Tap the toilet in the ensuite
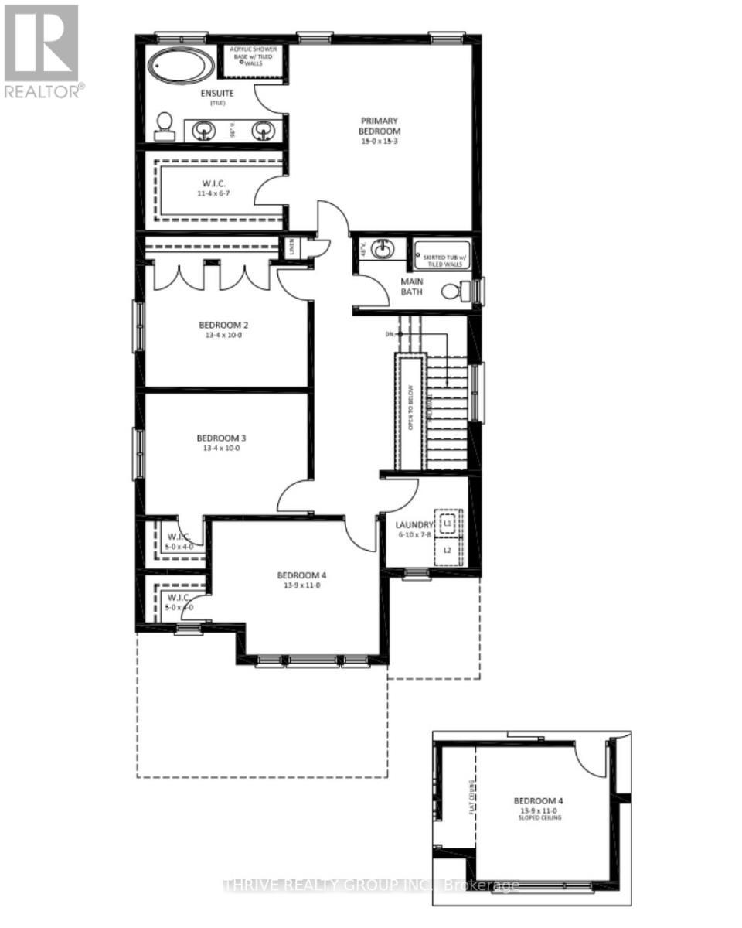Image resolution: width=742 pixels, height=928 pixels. (164, 127)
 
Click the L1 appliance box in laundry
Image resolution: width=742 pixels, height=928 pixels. (447, 524)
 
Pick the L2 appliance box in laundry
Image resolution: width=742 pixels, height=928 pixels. (447, 551)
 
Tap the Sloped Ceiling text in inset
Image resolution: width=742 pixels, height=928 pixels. (541, 817)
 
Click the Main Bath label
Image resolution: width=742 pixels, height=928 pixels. (412, 286)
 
